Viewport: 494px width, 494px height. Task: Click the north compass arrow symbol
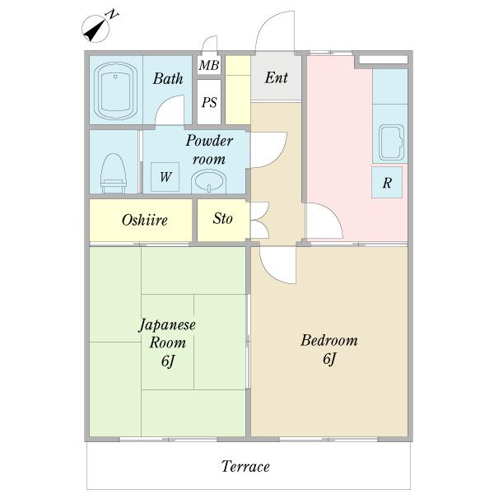[x=96, y=29]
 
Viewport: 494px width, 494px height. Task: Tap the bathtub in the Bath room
[x=115, y=91]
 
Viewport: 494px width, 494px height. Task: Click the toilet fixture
[x=114, y=173]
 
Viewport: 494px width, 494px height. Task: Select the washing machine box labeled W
[x=165, y=177]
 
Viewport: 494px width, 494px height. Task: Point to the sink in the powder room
[x=209, y=181]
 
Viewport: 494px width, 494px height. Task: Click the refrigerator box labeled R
[x=387, y=183]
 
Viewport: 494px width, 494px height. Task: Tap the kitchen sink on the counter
[x=392, y=142]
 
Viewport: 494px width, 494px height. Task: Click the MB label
[x=209, y=65]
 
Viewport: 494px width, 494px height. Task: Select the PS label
[x=209, y=102]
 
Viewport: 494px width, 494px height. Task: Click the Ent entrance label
[x=277, y=77]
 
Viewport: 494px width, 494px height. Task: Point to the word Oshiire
[x=144, y=220]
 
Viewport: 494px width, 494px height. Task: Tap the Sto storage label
[x=223, y=218]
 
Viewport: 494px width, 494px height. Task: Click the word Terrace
[x=245, y=466]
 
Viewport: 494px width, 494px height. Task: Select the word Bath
[x=168, y=78]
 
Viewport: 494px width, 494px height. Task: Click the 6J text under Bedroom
[x=329, y=359]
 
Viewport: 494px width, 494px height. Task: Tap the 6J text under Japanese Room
[x=168, y=361]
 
